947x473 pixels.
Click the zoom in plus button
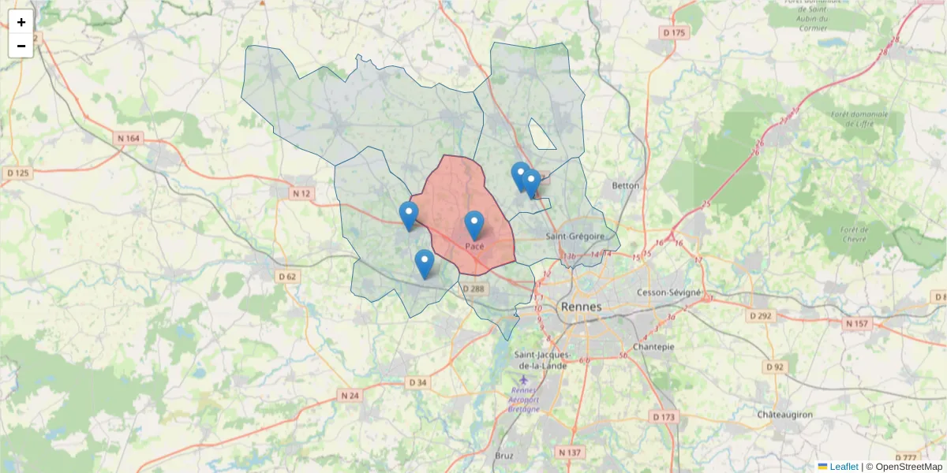(21, 22)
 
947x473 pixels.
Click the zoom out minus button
(21, 46)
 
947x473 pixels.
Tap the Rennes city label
(580, 307)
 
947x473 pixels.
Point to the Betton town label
(625, 186)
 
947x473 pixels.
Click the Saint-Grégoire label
(575, 236)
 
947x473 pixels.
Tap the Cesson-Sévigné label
(668, 292)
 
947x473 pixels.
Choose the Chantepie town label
(653, 346)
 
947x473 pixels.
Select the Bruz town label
(503, 456)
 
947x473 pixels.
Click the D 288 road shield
(473, 289)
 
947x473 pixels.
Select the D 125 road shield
(17, 173)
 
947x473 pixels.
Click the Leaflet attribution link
(843, 467)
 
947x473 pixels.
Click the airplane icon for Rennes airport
(525, 380)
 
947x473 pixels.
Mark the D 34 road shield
(417, 383)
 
